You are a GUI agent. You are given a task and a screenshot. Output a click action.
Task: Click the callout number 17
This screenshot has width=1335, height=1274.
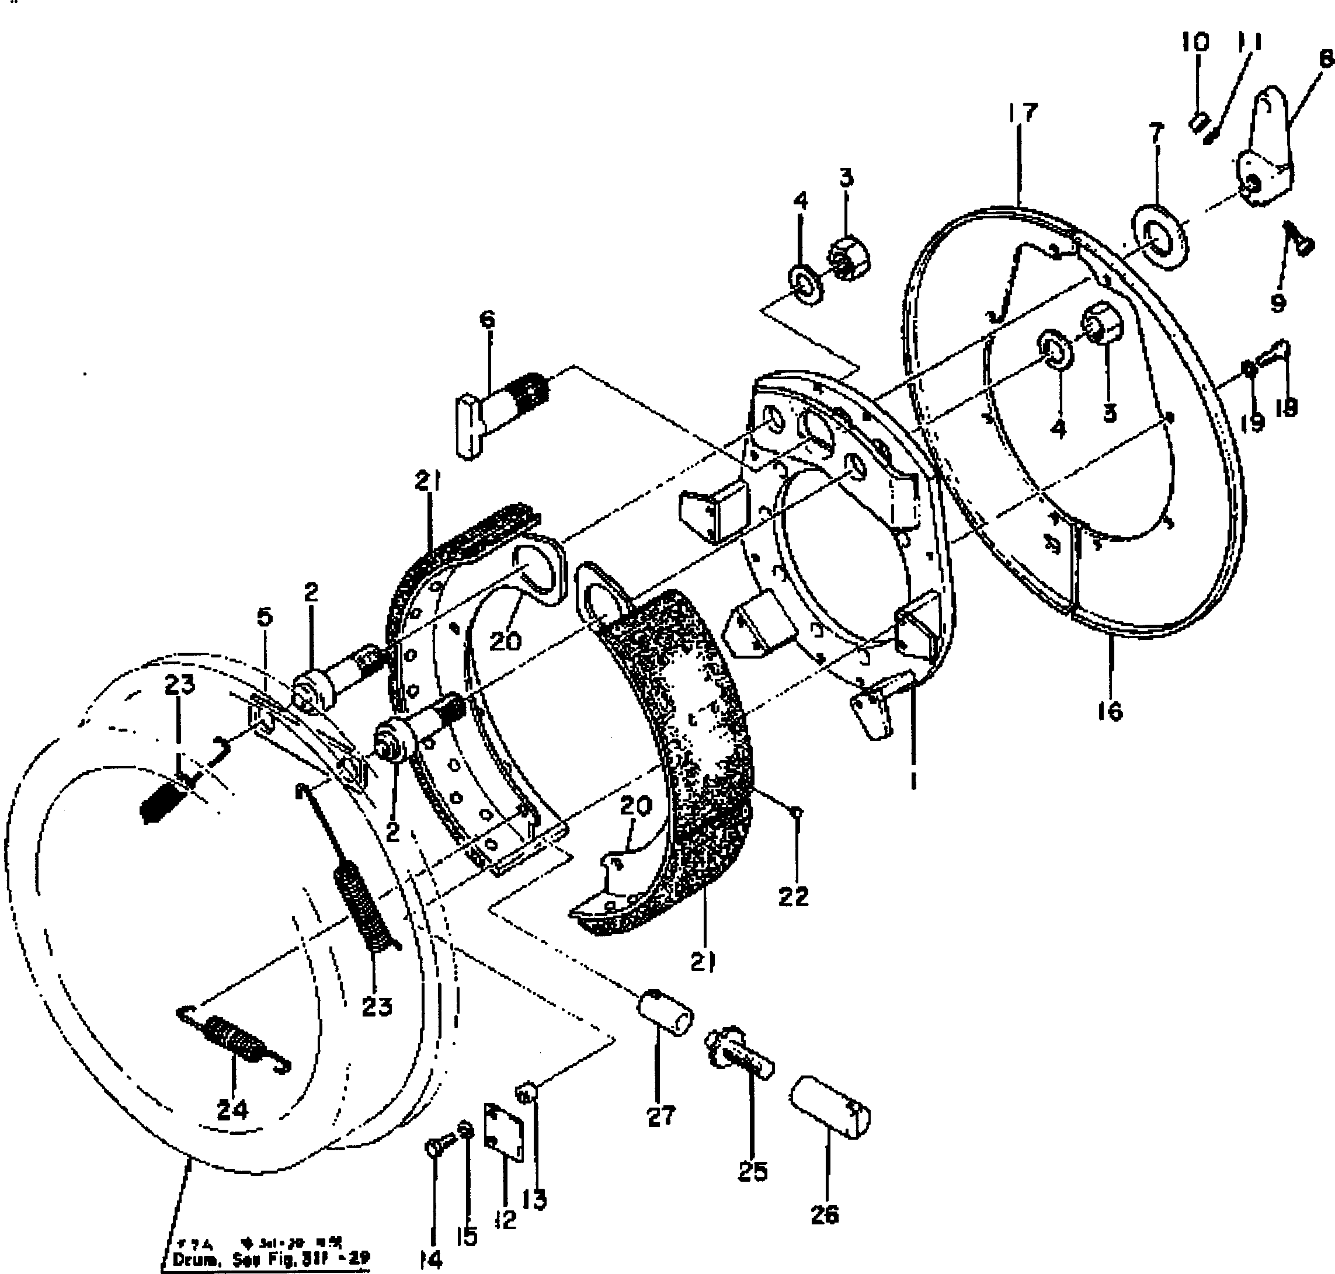pos(1023,112)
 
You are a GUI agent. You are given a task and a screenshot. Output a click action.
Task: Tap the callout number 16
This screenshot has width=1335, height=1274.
pos(1110,711)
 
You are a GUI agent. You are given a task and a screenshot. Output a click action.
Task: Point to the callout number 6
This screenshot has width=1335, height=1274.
pos(487,319)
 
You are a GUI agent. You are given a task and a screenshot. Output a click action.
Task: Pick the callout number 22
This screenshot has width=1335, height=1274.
pos(793,897)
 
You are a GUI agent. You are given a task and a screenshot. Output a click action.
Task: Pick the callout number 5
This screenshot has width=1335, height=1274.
pos(265,617)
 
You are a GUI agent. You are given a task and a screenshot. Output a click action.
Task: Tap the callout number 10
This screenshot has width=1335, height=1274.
pos(1195,42)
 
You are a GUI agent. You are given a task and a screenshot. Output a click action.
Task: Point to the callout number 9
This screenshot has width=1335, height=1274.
pos(1278,301)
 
